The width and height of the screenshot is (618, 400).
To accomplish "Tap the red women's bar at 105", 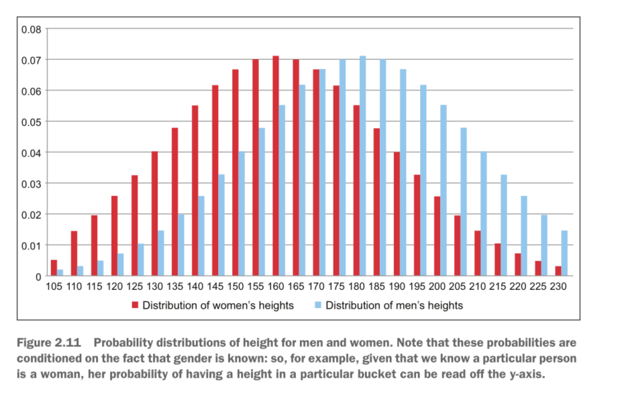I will [54, 268].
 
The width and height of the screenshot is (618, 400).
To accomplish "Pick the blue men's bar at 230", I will [565, 253].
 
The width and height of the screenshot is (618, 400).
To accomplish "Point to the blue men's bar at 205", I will [464, 201].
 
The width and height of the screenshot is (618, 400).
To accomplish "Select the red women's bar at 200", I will [437, 236].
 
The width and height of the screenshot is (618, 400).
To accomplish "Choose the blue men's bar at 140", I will [201, 236].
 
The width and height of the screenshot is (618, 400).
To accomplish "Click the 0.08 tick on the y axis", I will [32, 30].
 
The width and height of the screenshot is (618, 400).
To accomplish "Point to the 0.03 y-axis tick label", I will [32, 184].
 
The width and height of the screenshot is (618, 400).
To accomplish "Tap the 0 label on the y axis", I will [38, 277].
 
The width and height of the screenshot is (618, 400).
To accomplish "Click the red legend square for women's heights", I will [135, 305].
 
